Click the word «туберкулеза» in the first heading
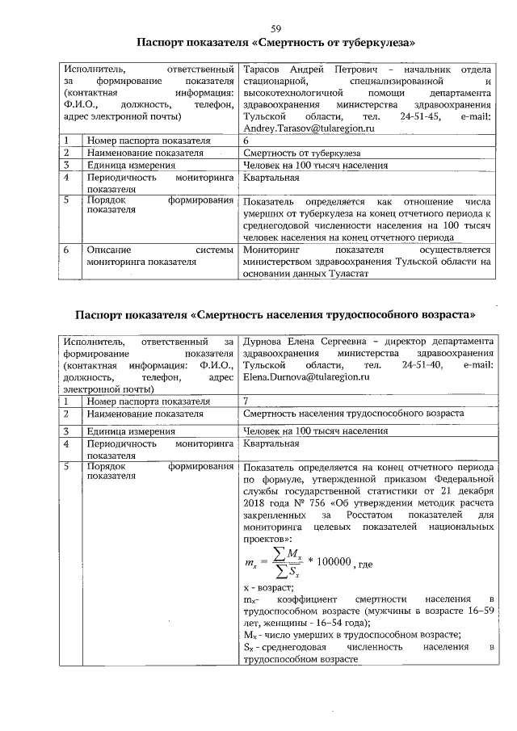(x=374, y=43)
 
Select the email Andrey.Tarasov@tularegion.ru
(x=310, y=128)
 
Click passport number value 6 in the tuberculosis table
(x=246, y=141)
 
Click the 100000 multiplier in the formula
(x=332, y=562)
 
